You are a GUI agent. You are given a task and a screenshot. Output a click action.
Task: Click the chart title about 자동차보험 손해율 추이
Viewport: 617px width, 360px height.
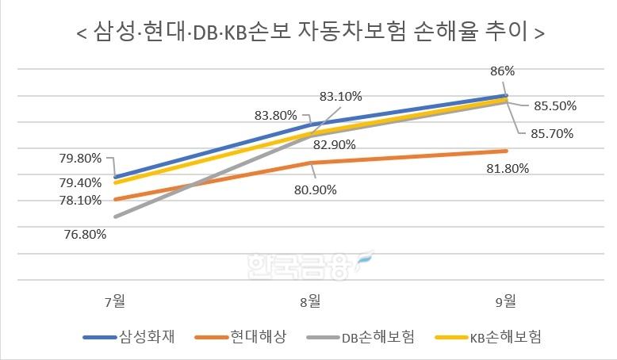coord(308,33)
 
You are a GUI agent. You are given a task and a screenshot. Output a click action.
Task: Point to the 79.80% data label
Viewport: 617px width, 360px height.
coord(80,158)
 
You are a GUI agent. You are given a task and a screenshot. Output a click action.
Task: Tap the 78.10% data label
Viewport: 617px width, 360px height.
coord(80,201)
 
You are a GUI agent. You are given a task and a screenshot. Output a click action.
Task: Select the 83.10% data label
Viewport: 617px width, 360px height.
coord(340,97)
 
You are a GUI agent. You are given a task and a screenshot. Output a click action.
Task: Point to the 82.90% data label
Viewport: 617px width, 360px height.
coord(334,145)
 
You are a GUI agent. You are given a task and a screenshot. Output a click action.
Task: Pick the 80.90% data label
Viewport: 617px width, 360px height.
coord(315,190)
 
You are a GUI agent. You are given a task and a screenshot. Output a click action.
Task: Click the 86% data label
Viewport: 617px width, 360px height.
coord(502,71)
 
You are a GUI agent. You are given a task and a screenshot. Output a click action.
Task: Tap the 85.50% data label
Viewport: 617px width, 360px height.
coord(554,105)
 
